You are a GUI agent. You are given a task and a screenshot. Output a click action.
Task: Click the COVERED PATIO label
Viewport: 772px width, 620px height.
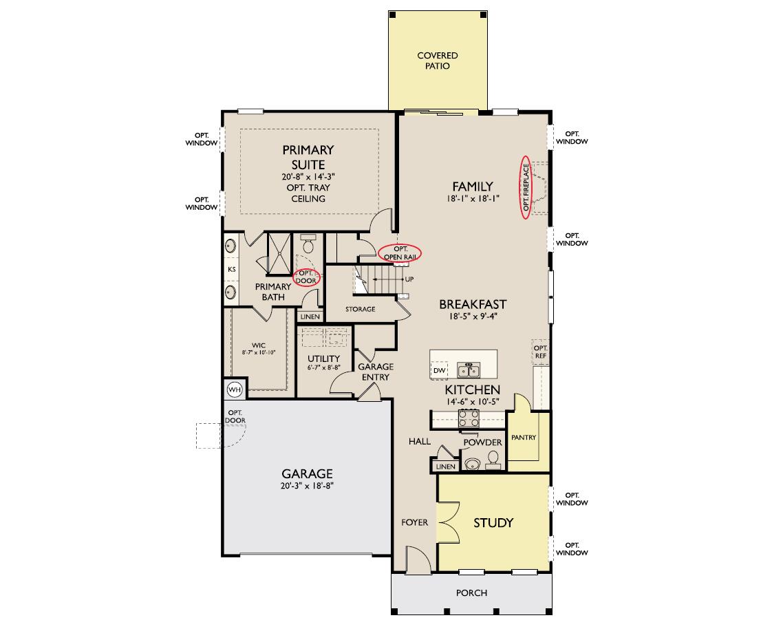click(437, 61)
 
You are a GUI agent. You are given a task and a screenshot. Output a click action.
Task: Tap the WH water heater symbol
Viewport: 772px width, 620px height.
click(235, 389)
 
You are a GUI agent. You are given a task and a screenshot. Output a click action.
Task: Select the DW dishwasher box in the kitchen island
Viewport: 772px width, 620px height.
click(439, 370)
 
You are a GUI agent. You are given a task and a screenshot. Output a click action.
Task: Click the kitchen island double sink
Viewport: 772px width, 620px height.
click(469, 370)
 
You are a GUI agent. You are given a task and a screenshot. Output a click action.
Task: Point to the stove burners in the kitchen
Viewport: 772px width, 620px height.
click(469, 418)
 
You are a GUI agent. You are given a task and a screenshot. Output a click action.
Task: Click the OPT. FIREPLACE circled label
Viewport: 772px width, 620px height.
click(526, 187)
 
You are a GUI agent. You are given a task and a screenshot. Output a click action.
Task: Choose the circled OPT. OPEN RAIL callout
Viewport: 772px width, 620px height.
click(400, 253)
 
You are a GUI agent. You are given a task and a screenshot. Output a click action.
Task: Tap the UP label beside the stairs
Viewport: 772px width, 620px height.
click(409, 279)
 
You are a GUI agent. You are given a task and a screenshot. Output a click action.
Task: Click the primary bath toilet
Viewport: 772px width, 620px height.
click(308, 244)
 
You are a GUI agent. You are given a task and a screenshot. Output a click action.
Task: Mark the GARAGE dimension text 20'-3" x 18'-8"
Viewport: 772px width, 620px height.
click(308, 486)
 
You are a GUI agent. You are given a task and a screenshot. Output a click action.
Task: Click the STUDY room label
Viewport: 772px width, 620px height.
click(493, 522)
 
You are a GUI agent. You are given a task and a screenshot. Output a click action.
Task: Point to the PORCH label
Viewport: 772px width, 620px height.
click(471, 593)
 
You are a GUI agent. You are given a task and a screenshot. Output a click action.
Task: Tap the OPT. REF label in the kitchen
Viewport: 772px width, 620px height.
click(541, 352)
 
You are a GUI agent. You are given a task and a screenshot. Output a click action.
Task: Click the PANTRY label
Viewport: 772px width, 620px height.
click(524, 437)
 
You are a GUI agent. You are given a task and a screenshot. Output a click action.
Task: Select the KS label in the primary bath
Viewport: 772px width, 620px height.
click(232, 269)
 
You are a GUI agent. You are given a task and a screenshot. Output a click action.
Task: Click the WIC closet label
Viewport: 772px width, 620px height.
click(259, 345)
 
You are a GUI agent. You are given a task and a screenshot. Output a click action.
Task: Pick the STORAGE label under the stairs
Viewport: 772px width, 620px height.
click(360, 309)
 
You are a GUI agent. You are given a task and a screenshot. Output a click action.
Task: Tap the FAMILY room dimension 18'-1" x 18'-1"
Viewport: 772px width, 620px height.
click(473, 198)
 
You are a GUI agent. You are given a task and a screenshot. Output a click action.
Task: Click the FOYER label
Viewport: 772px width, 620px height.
click(415, 522)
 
